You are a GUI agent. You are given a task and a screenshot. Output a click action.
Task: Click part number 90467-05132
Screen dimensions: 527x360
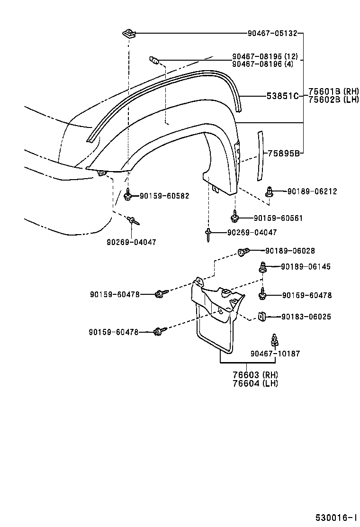coord(272,34)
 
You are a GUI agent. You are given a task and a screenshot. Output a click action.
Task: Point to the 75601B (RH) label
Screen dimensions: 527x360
coord(333,91)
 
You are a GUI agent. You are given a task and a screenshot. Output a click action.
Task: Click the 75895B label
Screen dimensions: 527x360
coord(283,153)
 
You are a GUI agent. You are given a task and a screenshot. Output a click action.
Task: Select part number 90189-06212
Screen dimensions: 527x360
coord(312,191)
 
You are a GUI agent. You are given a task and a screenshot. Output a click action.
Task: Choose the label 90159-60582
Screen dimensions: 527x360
coord(164,196)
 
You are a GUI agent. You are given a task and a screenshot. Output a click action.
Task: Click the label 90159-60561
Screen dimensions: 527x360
coord(278,218)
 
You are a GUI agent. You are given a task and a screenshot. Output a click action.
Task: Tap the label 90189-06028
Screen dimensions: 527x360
coord(289,251)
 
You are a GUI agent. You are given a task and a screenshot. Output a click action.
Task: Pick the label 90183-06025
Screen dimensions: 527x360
coord(306,317)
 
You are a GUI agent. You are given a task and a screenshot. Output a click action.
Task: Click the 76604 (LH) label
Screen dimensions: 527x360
coord(255,383)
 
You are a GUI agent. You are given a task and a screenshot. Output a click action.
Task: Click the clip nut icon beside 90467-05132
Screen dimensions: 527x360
coord(128,33)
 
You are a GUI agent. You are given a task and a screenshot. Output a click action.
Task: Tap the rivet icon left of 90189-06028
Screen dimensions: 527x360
coord(243,252)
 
